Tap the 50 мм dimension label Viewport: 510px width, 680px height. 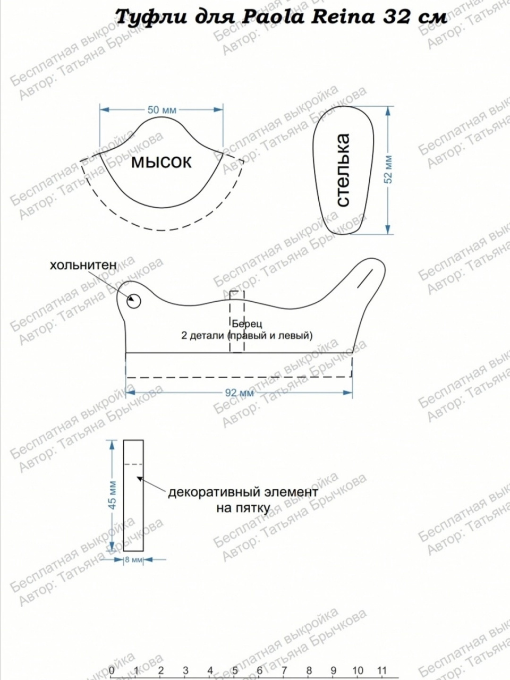click(x=161, y=109)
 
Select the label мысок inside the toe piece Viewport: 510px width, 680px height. click(x=161, y=163)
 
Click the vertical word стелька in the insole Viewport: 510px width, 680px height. click(x=343, y=170)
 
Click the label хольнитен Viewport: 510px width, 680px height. click(x=83, y=265)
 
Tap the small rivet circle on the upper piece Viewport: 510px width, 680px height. click(x=134, y=301)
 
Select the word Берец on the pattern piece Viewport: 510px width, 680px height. click(x=247, y=324)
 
